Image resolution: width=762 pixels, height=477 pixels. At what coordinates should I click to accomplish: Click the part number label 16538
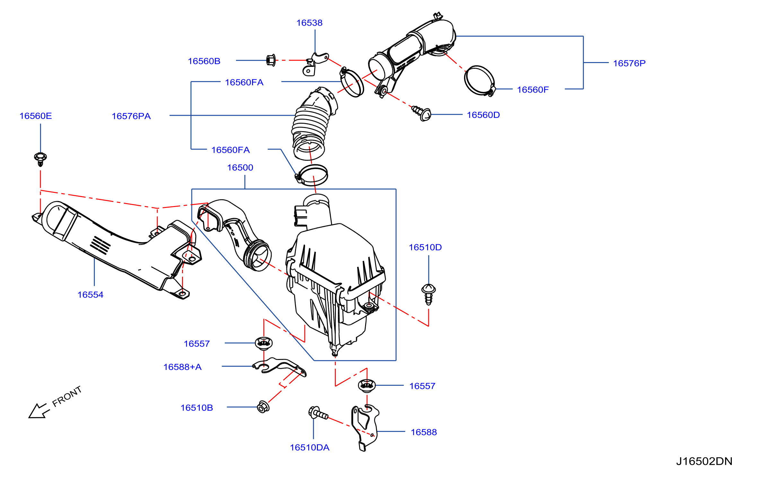pos(309,23)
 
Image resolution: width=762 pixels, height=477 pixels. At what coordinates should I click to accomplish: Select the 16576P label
pos(629,63)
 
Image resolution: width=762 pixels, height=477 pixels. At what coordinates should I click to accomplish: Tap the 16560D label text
pos(483,115)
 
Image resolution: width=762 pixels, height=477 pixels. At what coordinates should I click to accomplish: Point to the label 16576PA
pos(131,116)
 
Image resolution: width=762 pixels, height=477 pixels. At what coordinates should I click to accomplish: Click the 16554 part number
pos(90,295)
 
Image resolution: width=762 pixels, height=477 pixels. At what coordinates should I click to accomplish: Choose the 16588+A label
pos(182,367)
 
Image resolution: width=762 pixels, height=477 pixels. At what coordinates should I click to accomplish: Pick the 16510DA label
pos(310,447)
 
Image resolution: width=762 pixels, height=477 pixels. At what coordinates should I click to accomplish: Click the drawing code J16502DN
pos(704,461)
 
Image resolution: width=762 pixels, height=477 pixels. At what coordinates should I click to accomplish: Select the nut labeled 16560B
pos(271,60)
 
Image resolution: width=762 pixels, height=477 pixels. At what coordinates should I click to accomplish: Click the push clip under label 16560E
pos(40,159)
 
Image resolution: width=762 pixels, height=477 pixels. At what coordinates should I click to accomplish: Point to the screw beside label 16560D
pos(422,113)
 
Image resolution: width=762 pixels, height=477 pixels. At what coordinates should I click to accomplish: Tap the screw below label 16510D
pos(428,294)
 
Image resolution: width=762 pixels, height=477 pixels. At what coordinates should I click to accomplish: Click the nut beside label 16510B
pos(263,407)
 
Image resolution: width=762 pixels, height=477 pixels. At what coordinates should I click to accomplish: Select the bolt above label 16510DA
pos(318,413)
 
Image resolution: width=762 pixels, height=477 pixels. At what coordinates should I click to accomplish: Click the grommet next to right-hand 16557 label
pos(367,385)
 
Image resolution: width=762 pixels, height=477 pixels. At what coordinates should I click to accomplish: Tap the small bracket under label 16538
pos(315,64)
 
